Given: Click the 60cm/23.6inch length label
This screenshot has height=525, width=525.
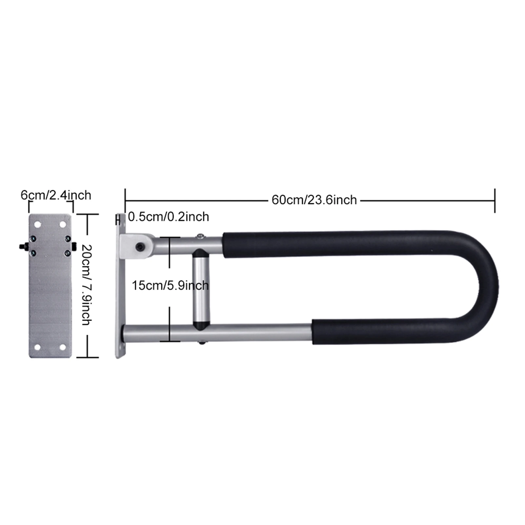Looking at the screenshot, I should (314, 200).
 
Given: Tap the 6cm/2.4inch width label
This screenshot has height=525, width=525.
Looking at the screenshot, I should (56, 195).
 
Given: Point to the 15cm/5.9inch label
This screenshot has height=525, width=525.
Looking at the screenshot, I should (170, 285).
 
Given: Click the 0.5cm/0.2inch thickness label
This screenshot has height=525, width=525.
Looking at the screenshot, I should (168, 217).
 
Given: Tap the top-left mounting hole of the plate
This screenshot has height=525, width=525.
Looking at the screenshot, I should (37, 225).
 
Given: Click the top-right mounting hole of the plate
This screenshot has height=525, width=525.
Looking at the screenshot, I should (63, 225).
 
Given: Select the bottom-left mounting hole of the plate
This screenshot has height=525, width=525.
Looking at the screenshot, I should (37, 347).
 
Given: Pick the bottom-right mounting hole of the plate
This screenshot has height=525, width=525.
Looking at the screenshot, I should (63, 347).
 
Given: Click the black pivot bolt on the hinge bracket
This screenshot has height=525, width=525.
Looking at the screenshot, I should (140, 246).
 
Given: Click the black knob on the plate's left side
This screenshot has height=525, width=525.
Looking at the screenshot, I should (23, 246).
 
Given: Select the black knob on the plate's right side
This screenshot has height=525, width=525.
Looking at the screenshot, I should (74, 246).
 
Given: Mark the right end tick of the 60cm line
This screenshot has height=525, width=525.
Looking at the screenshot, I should (495, 200).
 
